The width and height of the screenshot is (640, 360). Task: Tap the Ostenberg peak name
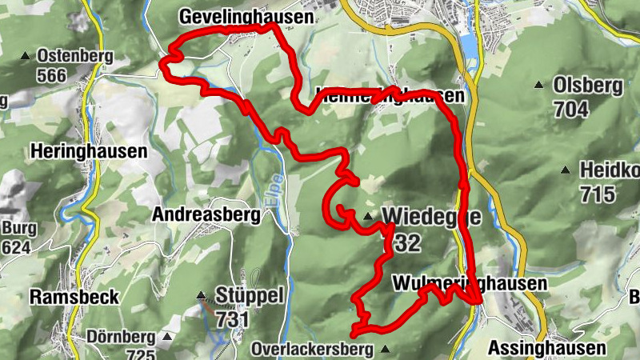(74, 57)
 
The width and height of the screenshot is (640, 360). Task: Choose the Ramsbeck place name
(74, 297)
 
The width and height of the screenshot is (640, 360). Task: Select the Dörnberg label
(119, 336)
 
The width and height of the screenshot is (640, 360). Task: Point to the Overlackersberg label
(311, 350)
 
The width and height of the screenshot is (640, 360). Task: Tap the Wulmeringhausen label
(469, 284)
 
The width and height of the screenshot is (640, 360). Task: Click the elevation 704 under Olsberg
(570, 109)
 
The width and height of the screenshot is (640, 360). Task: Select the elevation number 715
(598, 194)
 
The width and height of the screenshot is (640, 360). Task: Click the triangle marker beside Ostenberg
(25, 56)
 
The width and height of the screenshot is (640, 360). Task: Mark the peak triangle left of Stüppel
(201, 296)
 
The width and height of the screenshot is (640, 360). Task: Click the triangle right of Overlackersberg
(386, 349)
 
